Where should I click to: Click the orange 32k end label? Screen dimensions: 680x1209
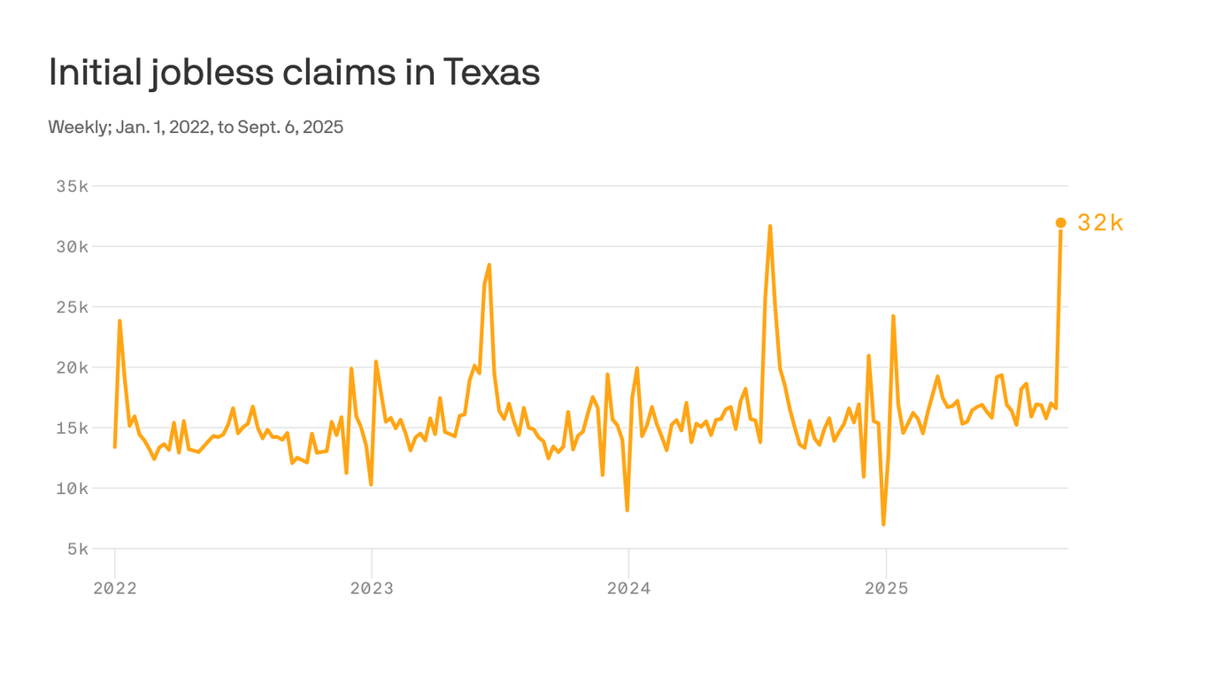click(1100, 223)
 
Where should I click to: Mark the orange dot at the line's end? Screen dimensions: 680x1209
click(1060, 223)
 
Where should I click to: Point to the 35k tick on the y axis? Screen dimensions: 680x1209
click(72, 187)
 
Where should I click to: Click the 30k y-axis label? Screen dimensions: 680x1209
click(72, 247)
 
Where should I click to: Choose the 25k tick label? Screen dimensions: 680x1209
click(72, 307)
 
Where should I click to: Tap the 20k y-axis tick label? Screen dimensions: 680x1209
click(72, 367)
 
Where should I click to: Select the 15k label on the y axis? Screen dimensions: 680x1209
click(72, 428)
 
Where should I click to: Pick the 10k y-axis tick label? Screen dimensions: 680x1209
click(72, 489)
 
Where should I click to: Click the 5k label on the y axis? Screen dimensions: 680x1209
click(76, 549)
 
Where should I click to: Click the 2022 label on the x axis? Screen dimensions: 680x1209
click(115, 589)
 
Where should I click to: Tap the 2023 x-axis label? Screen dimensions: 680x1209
click(372, 589)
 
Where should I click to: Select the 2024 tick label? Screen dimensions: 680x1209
click(628, 589)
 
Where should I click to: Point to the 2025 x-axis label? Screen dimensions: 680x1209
click(886, 589)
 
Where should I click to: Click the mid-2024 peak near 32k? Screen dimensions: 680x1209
click(770, 227)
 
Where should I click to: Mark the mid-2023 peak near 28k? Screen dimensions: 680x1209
click(489, 265)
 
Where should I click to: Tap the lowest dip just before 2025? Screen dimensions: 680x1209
click(883, 524)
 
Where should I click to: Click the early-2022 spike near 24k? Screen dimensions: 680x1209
click(119, 321)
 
